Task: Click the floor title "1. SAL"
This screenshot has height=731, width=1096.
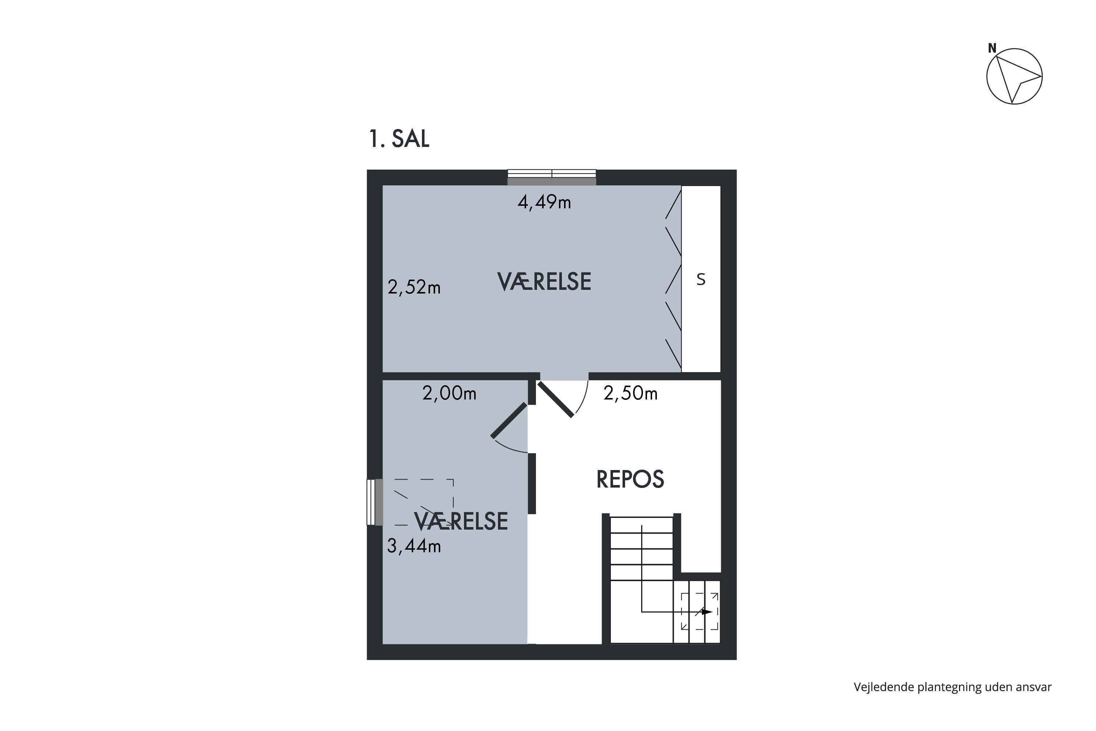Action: [x=399, y=139]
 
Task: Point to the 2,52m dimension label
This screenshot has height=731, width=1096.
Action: [x=414, y=287]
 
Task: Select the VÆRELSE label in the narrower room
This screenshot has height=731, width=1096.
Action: [x=461, y=521]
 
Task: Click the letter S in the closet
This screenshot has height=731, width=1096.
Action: [x=701, y=279]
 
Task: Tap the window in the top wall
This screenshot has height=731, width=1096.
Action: [x=552, y=177]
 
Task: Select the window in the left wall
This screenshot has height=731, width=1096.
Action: [x=375, y=502]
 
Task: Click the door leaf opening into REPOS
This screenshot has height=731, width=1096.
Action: [x=555, y=399]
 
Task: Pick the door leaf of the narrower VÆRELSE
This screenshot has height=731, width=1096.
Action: [x=509, y=421]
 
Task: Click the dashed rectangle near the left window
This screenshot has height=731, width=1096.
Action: [x=423, y=503]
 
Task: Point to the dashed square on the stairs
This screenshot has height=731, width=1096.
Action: [x=700, y=611]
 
